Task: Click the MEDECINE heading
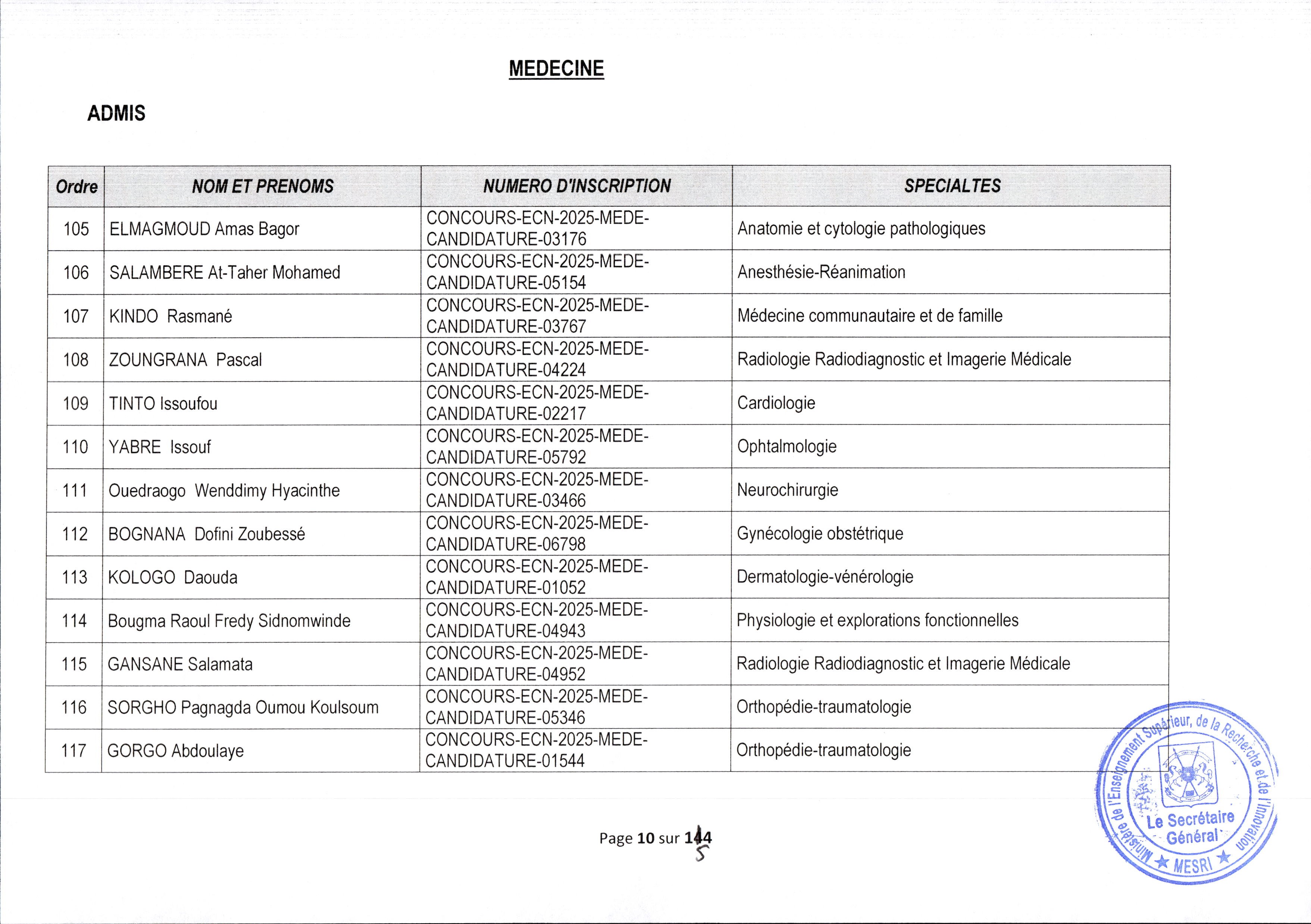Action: point(556,69)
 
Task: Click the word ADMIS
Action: point(116,114)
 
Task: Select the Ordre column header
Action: point(76,187)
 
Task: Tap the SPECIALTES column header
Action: point(952,185)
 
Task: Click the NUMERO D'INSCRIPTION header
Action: point(577,185)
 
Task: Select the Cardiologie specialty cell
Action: point(776,403)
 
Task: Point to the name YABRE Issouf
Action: point(160,447)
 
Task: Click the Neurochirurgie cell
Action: point(788,490)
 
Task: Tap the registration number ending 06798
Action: point(537,534)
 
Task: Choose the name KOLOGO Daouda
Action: point(172,577)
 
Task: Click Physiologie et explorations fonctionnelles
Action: point(877,620)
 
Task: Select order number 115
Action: point(74,664)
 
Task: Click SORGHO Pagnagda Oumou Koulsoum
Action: point(243,708)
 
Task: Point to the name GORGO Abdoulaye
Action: point(175,751)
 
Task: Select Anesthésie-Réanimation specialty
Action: point(821,272)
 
